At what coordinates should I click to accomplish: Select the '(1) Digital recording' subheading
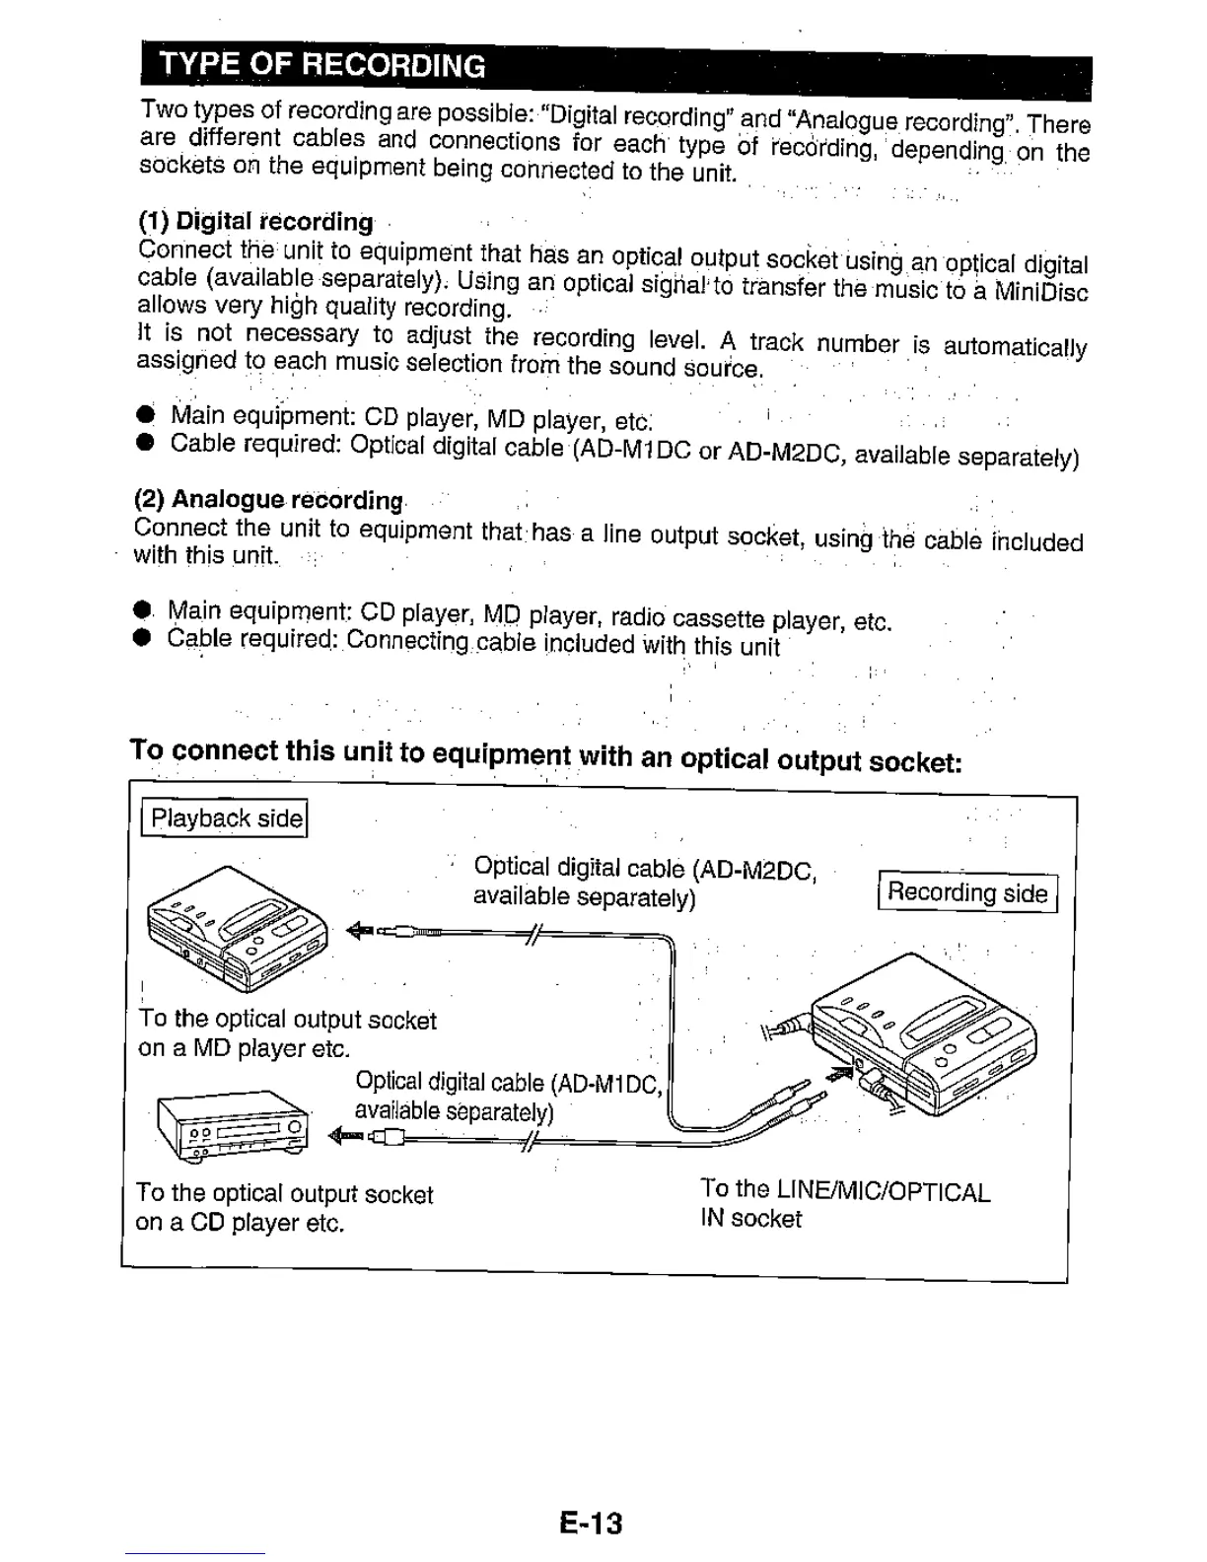pyautogui.click(x=255, y=221)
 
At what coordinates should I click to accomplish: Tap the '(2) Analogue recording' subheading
pyautogui.click(x=269, y=500)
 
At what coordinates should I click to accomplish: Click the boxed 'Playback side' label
pyautogui.click(x=226, y=818)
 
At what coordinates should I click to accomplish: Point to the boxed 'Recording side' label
pyautogui.click(x=966, y=893)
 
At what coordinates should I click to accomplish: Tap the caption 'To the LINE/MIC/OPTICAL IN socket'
pyautogui.click(x=844, y=1204)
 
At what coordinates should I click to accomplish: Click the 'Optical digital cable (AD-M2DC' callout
pyautogui.click(x=644, y=869)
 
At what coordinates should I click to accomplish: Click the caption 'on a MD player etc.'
pyautogui.click(x=245, y=1048)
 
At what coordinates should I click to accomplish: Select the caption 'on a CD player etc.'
pyautogui.click(x=240, y=1224)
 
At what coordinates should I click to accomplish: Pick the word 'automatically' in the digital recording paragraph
pyautogui.click(x=1015, y=347)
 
